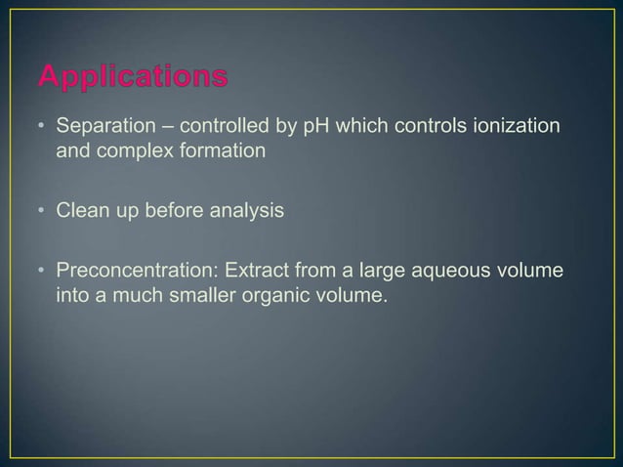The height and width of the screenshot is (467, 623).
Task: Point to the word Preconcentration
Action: tap(132, 267)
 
